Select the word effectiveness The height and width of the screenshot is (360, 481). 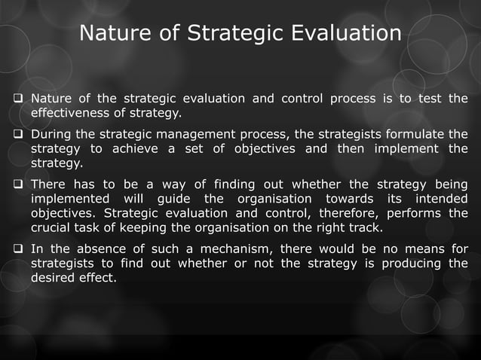point(67,113)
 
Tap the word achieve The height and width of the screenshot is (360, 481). point(134,148)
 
